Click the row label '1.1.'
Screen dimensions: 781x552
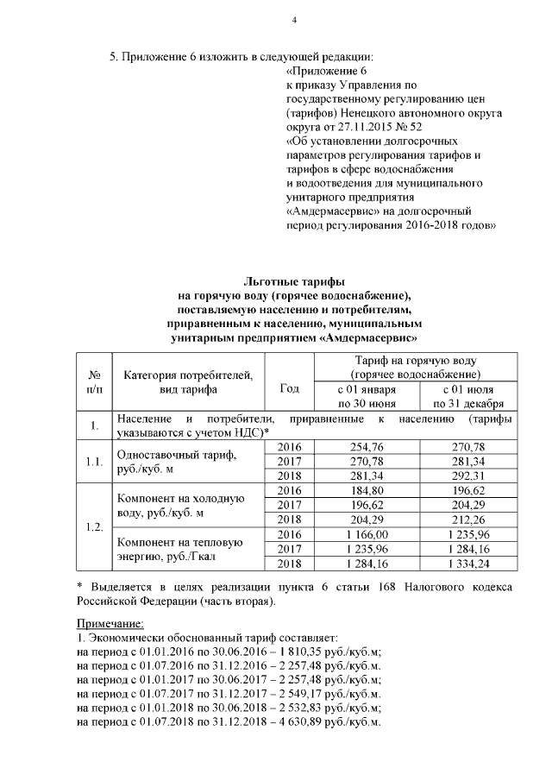click(94, 460)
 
